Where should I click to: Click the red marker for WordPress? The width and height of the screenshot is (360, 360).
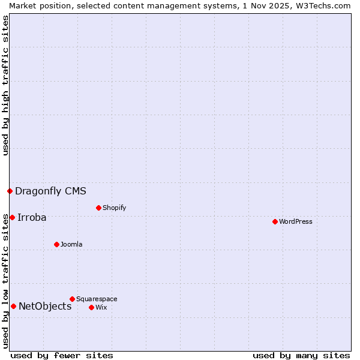[x=275, y=221]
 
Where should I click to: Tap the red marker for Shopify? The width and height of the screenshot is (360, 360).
[x=98, y=208]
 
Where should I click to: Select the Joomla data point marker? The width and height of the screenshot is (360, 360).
[x=56, y=244]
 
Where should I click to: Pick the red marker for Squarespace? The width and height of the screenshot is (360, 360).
[x=72, y=299]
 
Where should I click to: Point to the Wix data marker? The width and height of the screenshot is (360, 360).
[x=91, y=307]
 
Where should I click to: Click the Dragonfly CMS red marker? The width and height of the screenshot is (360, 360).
[x=10, y=191]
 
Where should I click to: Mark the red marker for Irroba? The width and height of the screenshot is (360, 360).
[x=12, y=217]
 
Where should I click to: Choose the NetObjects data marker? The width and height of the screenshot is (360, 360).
[x=13, y=306]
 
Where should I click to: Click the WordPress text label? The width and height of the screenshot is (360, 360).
[x=295, y=221]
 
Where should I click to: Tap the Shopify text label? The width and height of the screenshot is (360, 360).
[x=114, y=208]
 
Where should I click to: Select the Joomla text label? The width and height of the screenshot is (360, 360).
[x=71, y=244]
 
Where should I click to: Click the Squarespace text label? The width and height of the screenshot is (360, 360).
[x=97, y=299]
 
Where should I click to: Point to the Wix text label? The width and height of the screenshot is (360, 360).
[x=101, y=307]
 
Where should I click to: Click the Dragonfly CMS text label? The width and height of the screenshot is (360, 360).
[x=50, y=191]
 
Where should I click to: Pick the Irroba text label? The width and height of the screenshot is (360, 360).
[x=32, y=217]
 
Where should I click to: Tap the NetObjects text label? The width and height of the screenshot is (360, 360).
[x=45, y=306]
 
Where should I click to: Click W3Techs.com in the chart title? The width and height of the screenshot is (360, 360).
[x=323, y=5]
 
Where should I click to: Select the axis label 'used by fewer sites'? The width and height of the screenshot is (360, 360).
[x=62, y=355]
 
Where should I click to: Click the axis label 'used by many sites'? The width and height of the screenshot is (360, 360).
[x=301, y=355]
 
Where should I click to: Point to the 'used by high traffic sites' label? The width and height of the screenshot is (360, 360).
[x=5, y=85]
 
